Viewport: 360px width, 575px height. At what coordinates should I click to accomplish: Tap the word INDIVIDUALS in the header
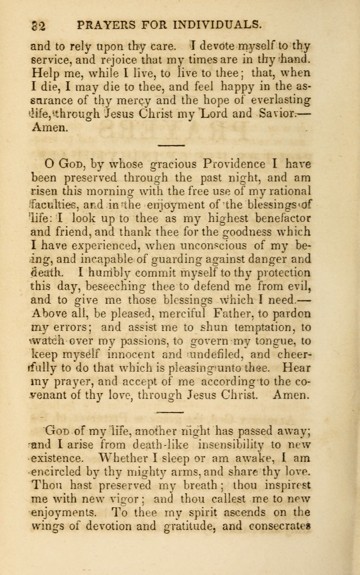pyautogui.click(x=219, y=24)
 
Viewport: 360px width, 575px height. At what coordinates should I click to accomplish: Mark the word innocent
pyautogui.click(x=150, y=354)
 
